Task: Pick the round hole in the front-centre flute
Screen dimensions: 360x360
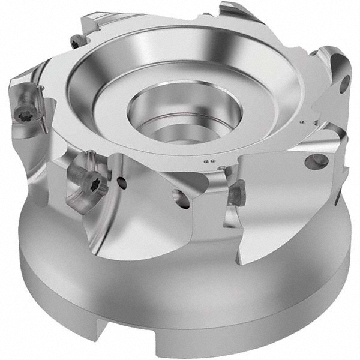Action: [179, 197]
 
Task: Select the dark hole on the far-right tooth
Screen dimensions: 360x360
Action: [344, 85]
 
